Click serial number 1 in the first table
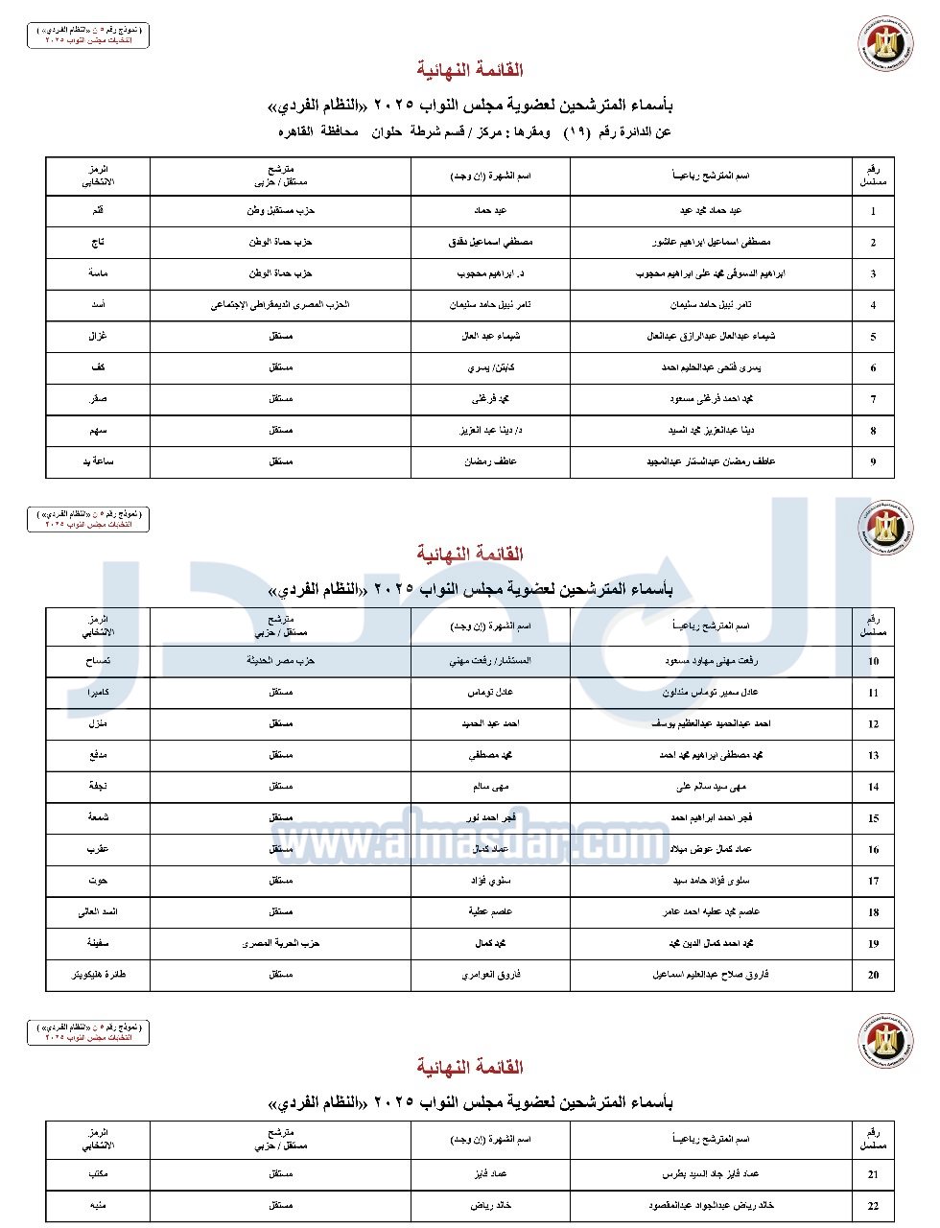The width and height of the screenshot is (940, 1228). tap(873, 211)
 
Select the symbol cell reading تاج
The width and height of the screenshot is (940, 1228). tap(98, 242)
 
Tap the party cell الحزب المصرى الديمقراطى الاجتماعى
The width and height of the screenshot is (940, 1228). tap(280, 305)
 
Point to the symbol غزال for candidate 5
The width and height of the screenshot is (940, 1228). tap(98, 337)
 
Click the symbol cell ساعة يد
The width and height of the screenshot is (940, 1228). tap(98, 461)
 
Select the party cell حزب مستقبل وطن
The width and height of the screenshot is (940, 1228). tap(280, 210)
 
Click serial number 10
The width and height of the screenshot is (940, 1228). tap(873, 661)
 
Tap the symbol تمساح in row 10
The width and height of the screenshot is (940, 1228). tap(98, 661)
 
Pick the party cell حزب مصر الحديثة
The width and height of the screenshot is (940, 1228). tap(280, 661)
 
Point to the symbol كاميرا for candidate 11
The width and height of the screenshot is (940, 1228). tap(98, 692)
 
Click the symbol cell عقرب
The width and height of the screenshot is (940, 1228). tap(98, 849)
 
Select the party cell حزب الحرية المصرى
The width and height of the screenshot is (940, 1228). tap(280, 943)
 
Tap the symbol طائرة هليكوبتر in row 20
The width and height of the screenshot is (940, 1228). tap(98, 975)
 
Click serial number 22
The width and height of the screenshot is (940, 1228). tap(873, 1206)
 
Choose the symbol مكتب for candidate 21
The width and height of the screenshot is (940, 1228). tap(98, 1174)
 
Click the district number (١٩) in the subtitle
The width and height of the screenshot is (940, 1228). tap(575, 131)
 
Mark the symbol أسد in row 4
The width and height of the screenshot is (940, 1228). tap(98, 305)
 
